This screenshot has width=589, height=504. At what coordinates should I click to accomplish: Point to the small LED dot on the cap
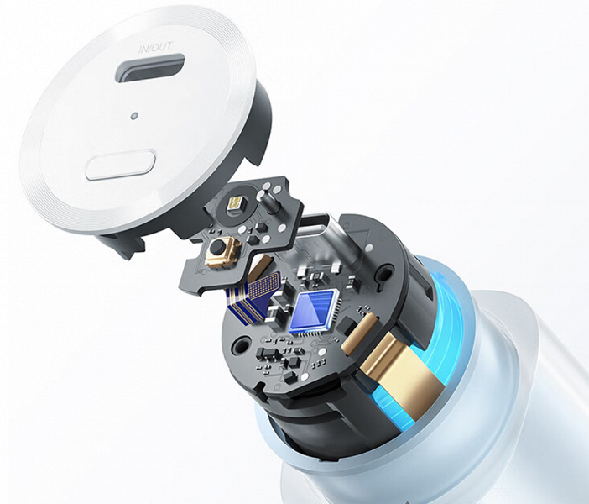[x=133, y=116]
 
